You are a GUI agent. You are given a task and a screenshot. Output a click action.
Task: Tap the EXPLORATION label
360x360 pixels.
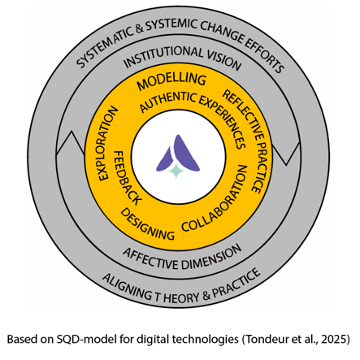(x=107, y=144)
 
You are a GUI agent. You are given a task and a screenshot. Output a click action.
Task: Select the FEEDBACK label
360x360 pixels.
(x=126, y=178)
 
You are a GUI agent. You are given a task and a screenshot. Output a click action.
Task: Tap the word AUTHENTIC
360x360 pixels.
(x=168, y=102)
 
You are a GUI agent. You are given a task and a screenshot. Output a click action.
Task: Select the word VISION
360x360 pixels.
(x=224, y=61)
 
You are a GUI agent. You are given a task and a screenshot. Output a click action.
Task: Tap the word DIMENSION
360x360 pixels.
(x=211, y=258)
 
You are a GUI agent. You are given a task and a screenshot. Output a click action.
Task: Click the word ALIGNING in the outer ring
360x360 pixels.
(x=127, y=287)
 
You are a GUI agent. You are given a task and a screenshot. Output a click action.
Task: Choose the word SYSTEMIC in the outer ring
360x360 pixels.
(x=171, y=25)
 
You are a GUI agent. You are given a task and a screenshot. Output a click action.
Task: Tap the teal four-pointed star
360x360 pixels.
(x=176, y=171)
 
